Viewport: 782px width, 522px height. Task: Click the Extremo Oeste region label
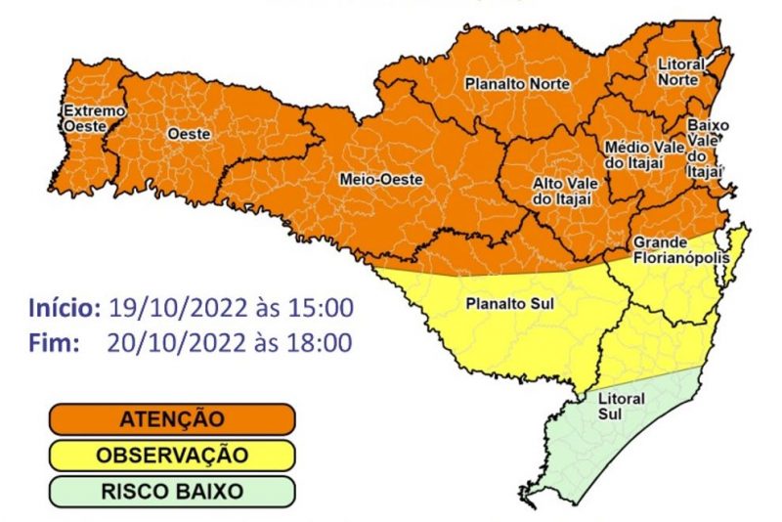[94, 118]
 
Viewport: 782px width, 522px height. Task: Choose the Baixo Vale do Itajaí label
[704, 148]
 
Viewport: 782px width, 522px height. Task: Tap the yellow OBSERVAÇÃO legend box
[172, 456]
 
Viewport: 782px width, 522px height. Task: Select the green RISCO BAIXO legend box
[172, 492]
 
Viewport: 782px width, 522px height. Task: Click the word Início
[64, 308]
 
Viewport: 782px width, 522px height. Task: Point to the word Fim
[46, 342]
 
